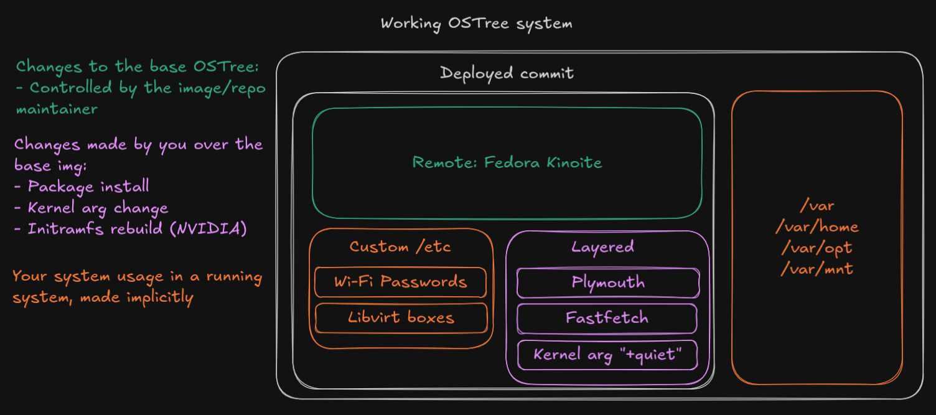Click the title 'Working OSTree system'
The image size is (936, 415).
coord(476,24)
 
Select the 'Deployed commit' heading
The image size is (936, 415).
coord(507,73)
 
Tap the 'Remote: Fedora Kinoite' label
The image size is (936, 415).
coord(507,163)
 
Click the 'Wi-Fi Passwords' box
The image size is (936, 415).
coord(400,282)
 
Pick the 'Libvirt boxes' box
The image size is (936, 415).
coord(401,318)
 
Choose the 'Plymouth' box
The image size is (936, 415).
coord(608,282)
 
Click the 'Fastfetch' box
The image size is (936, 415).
coord(607,319)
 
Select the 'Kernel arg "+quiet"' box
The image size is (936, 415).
coord(607,355)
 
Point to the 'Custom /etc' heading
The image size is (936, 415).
coord(400,247)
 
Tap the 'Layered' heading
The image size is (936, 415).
coord(602,247)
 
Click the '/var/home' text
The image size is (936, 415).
coord(817,227)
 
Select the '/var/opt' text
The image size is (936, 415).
coord(817,248)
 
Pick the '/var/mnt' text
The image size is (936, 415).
coord(817,269)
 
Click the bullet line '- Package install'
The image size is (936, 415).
coord(82,186)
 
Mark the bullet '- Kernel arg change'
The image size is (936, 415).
coord(91,208)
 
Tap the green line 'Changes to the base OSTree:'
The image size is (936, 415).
coord(138,67)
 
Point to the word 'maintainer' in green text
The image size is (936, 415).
coord(57,109)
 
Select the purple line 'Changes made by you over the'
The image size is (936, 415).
coord(138,145)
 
